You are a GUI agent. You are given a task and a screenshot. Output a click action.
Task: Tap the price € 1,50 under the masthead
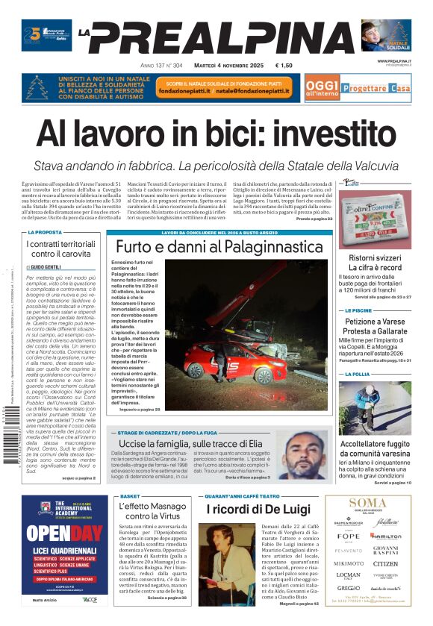[x=284, y=66]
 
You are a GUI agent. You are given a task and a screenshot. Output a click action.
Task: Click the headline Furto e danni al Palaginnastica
[x=219, y=246]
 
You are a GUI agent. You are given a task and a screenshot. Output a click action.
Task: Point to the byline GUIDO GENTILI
[x=46, y=266]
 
